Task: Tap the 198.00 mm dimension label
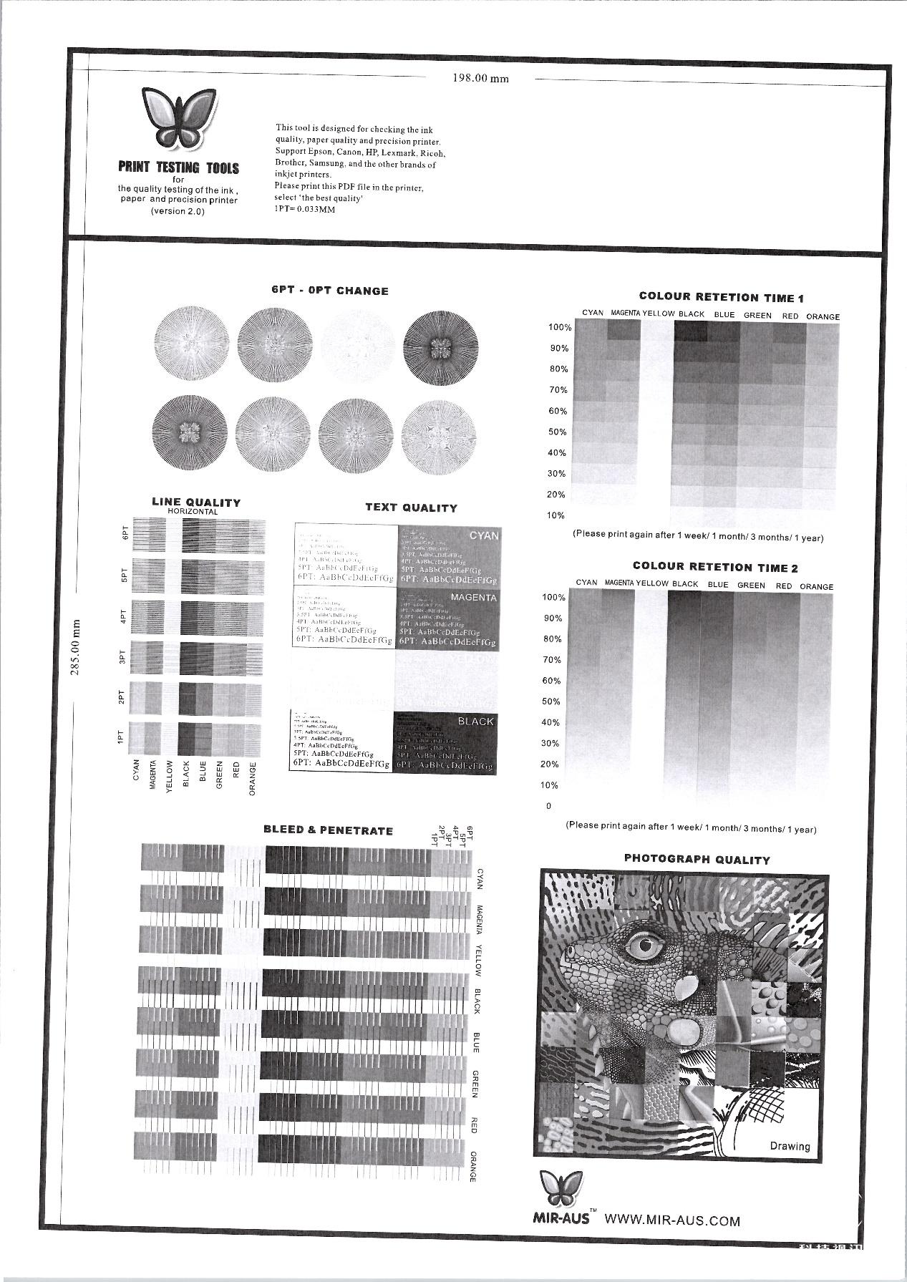tap(480, 79)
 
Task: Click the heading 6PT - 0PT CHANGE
tap(329, 291)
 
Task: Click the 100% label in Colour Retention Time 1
tap(560, 328)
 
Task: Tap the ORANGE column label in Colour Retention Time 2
tap(816, 586)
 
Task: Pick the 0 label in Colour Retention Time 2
tap(549, 806)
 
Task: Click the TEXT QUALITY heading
tap(411, 508)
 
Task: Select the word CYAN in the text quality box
tap(484, 535)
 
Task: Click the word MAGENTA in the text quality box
tap(473, 597)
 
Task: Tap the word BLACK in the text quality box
tap(475, 722)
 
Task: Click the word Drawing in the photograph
tap(790, 1146)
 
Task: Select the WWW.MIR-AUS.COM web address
tap(672, 1220)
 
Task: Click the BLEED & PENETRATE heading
tap(328, 830)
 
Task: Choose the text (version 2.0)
tap(178, 211)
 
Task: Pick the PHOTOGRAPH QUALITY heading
tap(697, 860)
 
